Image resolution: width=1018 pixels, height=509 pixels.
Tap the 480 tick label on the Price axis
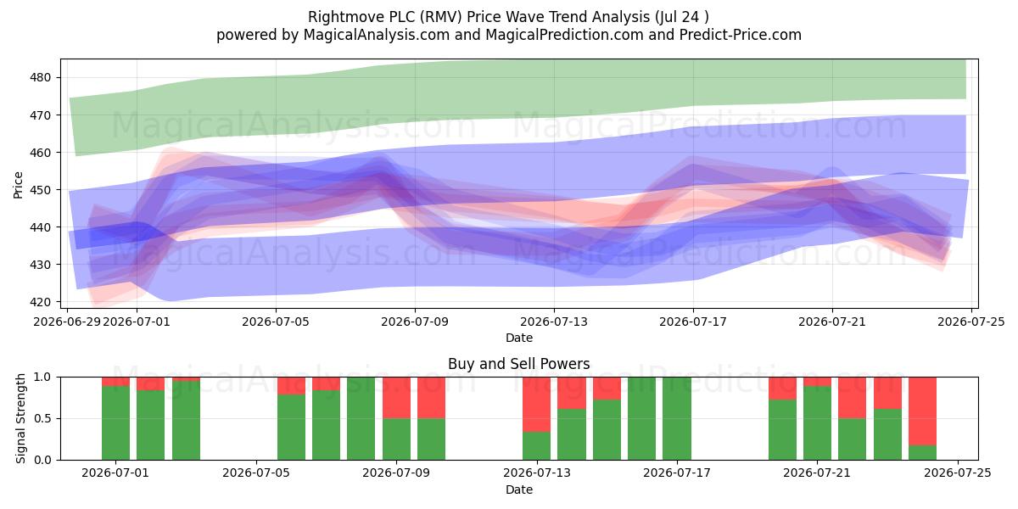(x=41, y=78)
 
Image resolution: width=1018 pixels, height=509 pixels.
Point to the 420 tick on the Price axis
(x=41, y=302)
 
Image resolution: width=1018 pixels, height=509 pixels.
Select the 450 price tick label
(x=41, y=190)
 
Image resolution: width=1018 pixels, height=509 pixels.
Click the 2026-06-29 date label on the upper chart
(x=67, y=322)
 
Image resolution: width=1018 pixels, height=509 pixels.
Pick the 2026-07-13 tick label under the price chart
(x=554, y=322)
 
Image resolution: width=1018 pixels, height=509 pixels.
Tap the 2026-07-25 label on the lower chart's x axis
(x=958, y=473)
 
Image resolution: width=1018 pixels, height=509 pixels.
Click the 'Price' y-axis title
(x=18, y=185)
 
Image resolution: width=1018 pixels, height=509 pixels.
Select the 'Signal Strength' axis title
(x=20, y=418)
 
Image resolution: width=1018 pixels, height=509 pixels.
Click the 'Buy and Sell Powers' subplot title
(x=519, y=364)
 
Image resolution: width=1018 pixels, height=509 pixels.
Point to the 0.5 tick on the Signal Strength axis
(x=42, y=418)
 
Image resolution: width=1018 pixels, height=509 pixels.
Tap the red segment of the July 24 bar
(x=923, y=411)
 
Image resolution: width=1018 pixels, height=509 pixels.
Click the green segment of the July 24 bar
(x=923, y=453)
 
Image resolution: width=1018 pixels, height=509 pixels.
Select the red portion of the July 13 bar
(x=536, y=405)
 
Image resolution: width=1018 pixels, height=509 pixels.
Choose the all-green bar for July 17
(x=677, y=418)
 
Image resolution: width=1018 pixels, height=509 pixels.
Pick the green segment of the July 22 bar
(x=852, y=439)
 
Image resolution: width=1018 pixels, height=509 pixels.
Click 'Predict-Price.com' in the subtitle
(x=741, y=35)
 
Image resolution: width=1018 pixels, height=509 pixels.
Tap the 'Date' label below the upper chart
(x=519, y=338)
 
